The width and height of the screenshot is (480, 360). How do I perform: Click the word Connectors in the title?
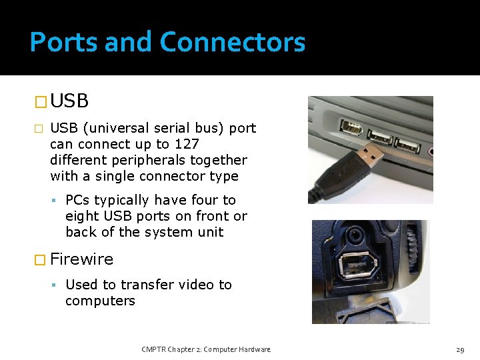[233, 43]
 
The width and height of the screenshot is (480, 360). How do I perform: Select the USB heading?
[69, 101]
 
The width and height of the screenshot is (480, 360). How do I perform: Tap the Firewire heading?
[81, 259]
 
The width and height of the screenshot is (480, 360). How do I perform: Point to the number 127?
[186, 144]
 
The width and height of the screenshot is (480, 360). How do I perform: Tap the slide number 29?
[460, 349]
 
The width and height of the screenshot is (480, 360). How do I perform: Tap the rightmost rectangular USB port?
[407, 145]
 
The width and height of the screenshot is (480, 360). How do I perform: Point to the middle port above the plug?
[379, 137]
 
